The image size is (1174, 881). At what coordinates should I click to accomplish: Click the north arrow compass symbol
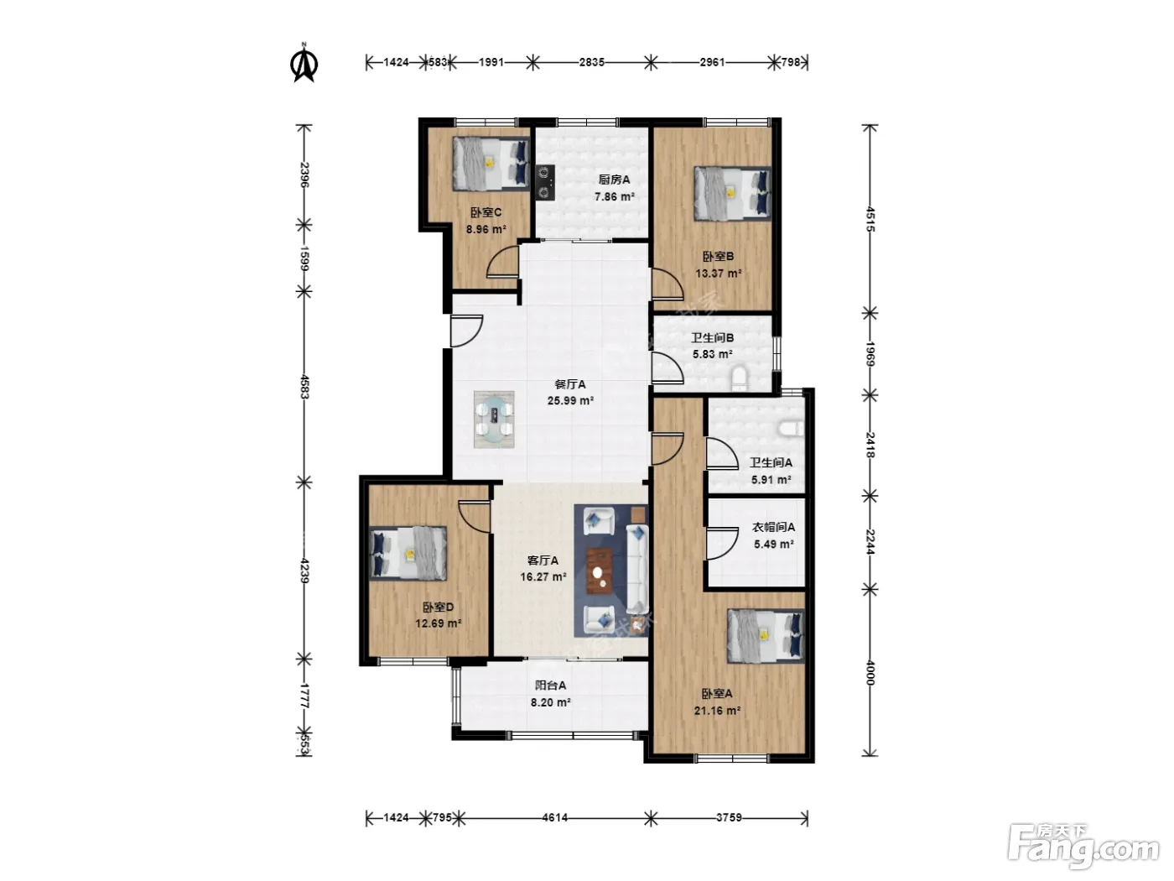(304, 63)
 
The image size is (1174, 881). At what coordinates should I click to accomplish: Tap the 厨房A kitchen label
(614, 180)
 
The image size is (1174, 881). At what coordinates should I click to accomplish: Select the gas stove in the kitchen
(545, 182)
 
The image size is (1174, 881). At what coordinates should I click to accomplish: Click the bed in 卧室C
(491, 163)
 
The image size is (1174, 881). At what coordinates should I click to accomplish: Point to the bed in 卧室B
(733, 193)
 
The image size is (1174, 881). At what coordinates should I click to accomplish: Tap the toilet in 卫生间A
(790, 428)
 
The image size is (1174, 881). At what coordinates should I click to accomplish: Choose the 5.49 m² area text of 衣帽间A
(773, 544)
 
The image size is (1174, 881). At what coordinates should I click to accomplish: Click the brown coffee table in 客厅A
(600, 571)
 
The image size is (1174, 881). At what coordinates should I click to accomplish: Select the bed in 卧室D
(408, 553)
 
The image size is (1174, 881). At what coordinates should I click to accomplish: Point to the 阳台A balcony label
(550, 686)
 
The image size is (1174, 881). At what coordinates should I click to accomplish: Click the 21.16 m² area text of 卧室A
(717, 711)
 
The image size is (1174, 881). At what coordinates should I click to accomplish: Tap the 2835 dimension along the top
(591, 62)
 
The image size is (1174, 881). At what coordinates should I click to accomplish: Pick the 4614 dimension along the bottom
(554, 818)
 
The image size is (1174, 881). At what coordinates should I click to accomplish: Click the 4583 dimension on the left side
(304, 387)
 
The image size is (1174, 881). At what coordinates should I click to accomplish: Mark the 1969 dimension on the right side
(870, 354)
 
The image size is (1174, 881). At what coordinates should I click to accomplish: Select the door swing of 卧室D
(475, 515)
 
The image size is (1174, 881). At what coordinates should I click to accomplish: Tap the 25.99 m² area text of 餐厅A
(570, 400)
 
